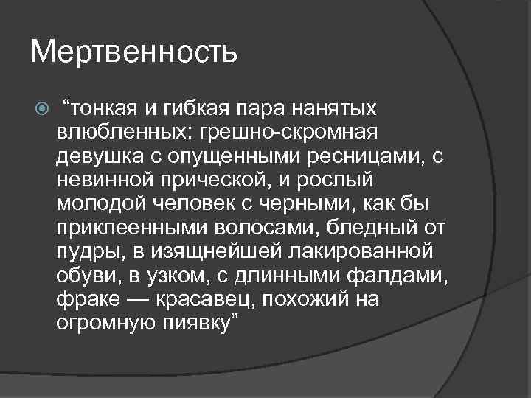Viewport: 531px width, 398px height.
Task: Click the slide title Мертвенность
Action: pyautogui.click(x=134, y=52)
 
